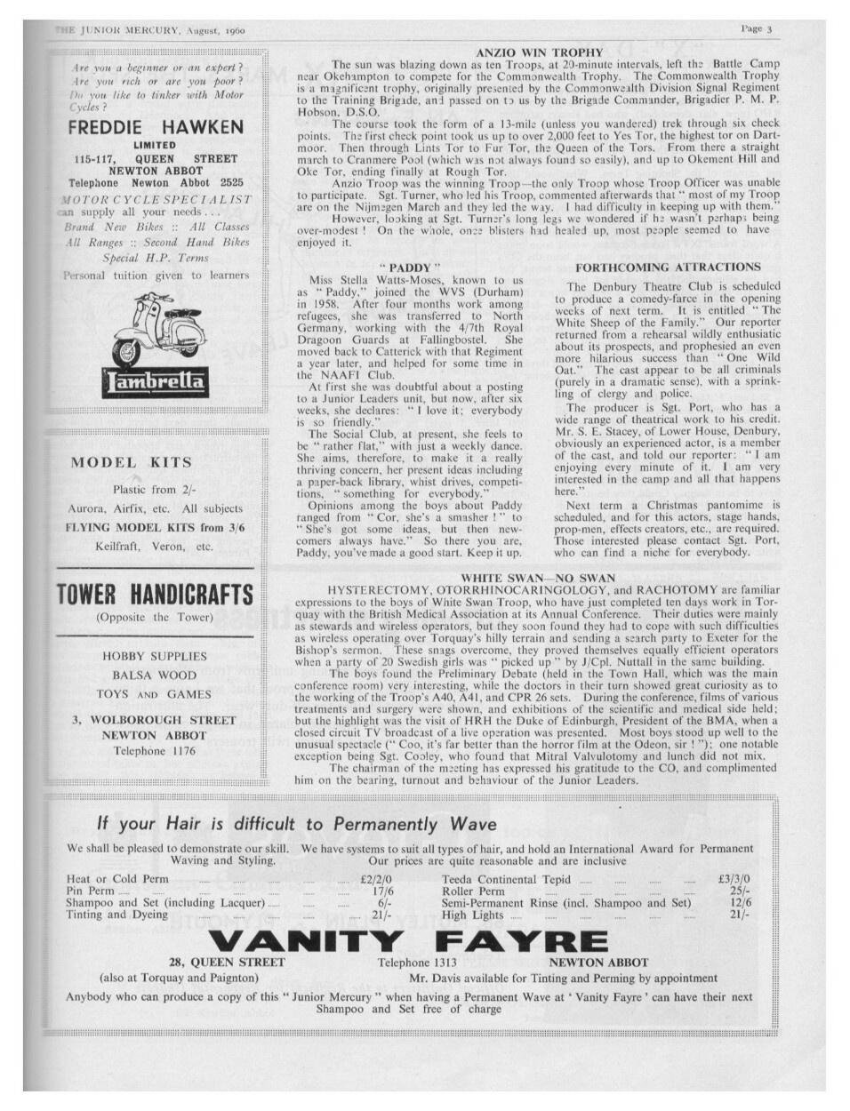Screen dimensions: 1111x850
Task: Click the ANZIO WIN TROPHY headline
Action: [x=539, y=52]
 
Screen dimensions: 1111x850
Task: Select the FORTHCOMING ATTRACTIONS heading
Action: [x=668, y=267]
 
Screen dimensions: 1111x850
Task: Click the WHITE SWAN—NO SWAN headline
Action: [x=538, y=578]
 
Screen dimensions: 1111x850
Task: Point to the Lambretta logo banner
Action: [x=156, y=383]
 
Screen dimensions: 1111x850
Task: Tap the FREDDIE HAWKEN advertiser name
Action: [x=156, y=126]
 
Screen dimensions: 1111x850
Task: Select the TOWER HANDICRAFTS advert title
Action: [x=156, y=595]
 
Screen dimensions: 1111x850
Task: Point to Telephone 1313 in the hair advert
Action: [x=417, y=962]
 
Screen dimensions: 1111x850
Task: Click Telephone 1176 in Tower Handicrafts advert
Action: [x=154, y=751]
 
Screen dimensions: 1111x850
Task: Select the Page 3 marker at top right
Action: [x=756, y=28]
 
